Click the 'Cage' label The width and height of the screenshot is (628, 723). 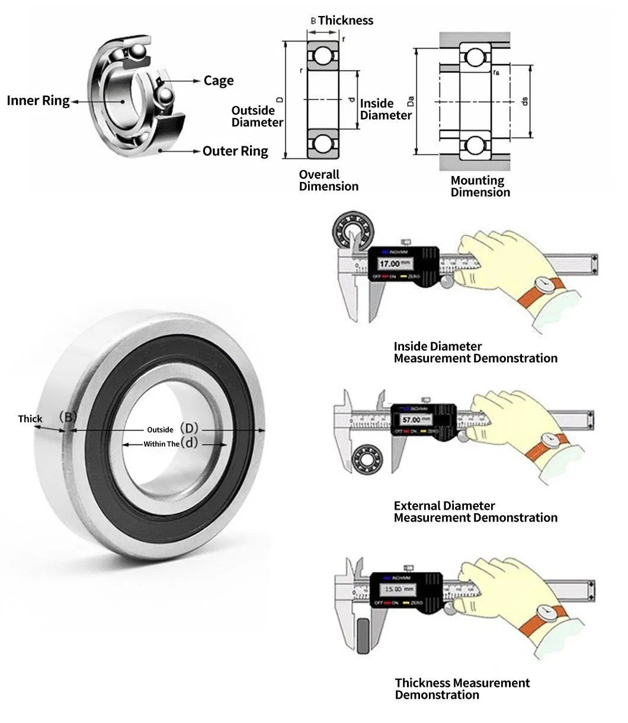pyautogui.click(x=219, y=81)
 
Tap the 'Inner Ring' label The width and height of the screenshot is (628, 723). pyautogui.click(x=38, y=101)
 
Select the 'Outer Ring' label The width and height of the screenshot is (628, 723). pyautogui.click(x=235, y=151)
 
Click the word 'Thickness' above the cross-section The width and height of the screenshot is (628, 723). pyautogui.click(x=346, y=20)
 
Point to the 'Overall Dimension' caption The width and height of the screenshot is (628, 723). pyautogui.click(x=328, y=180)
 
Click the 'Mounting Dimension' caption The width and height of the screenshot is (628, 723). pyautogui.click(x=480, y=186)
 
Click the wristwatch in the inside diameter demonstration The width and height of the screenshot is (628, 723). pyautogui.click(x=543, y=286)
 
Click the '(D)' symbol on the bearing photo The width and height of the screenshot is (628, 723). pyautogui.click(x=190, y=428)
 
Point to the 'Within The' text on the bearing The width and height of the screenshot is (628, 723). pyautogui.click(x=161, y=443)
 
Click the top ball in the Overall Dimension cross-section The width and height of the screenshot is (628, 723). pyautogui.click(x=324, y=56)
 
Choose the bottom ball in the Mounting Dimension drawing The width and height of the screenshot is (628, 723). pyautogui.click(x=475, y=145)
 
